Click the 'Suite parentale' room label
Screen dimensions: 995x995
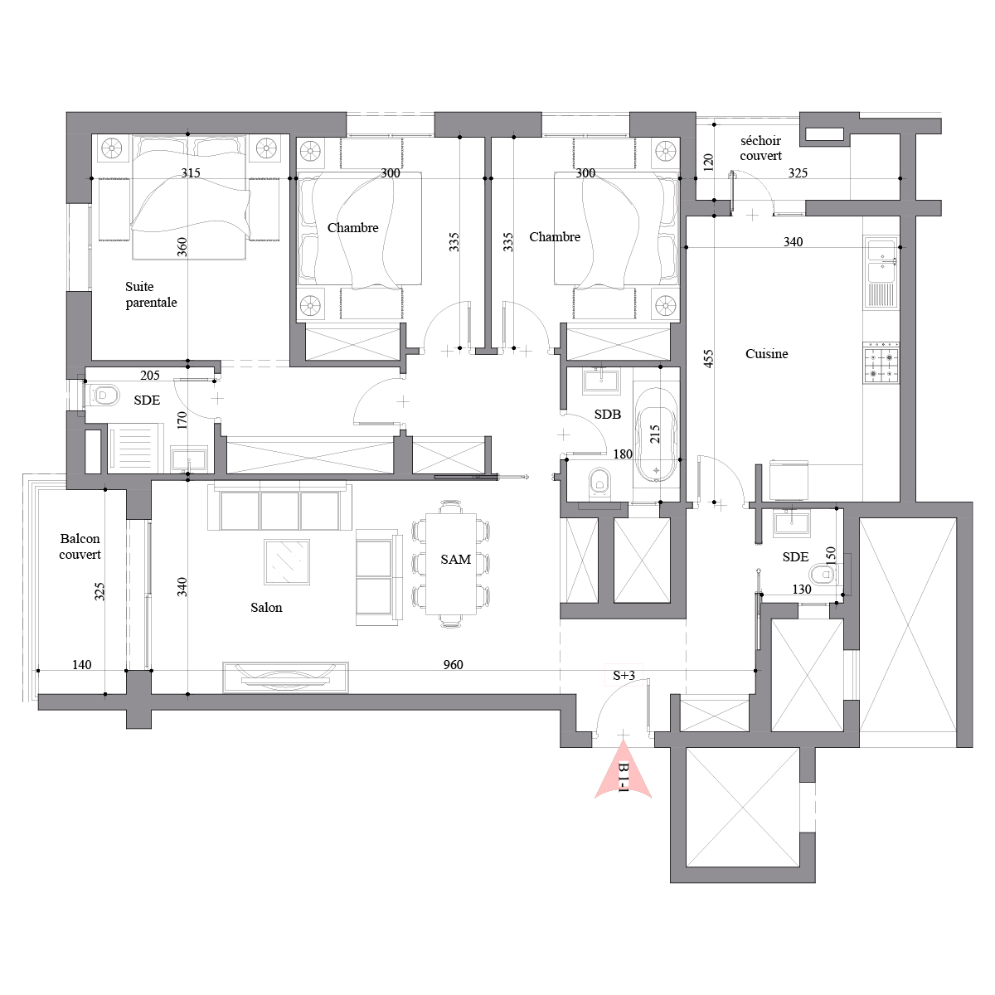[151, 294]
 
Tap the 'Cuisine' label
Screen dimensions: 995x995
[766, 354]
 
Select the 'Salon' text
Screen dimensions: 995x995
[266, 607]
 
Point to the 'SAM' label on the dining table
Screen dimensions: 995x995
[455, 559]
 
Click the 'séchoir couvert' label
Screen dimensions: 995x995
[760, 148]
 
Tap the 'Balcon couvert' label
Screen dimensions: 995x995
[80, 546]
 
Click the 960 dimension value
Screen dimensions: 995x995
[453, 664]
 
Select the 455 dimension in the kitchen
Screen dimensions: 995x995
[708, 358]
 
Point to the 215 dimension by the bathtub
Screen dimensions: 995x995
[655, 434]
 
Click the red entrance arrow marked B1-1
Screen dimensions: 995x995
[624, 770]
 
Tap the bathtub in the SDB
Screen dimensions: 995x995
[656, 434]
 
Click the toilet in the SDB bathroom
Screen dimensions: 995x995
[599, 483]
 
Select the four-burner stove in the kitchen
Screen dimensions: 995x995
[881, 365]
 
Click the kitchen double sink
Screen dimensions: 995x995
[881, 273]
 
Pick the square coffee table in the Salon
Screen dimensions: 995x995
[287, 562]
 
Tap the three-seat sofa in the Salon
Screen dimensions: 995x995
[280, 507]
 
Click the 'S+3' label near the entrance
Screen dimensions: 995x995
[624, 676]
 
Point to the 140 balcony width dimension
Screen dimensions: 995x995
[81, 664]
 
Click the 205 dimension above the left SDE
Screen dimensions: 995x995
[150, 376]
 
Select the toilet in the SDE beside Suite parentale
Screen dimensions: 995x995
[104, 396]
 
